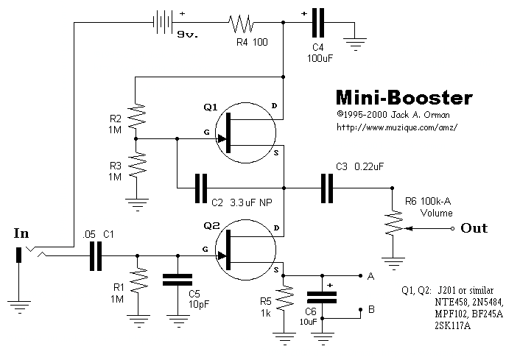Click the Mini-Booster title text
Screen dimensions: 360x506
click(404, 97)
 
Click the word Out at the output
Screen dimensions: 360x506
click(474, 228)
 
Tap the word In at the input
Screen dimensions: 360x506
click(22, 234)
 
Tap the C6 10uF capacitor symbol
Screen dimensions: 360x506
click(321, 297)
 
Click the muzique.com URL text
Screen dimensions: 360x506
click(397, 127)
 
